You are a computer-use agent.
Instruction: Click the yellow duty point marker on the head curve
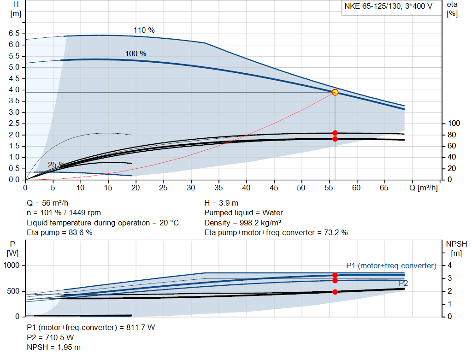coord(335,92)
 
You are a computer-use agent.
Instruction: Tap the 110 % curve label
coord(144,30)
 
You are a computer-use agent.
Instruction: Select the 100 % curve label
coord(136,54)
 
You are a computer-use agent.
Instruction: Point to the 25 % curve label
coord(55,165)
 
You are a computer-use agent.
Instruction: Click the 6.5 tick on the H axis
coord(14,34)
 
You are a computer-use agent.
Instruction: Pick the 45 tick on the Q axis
coord(274,188)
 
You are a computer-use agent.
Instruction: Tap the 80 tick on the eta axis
coord(453,135)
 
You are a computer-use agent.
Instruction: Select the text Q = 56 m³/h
coord(48,203)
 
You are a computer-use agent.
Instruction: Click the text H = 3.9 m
coord(222,203)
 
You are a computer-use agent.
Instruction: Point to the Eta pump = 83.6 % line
coord(59,233)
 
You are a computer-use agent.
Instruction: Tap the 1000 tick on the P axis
coord(12,266)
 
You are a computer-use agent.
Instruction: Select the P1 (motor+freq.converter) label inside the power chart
coord(391,266)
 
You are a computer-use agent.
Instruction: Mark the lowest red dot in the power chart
coord(335,292)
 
